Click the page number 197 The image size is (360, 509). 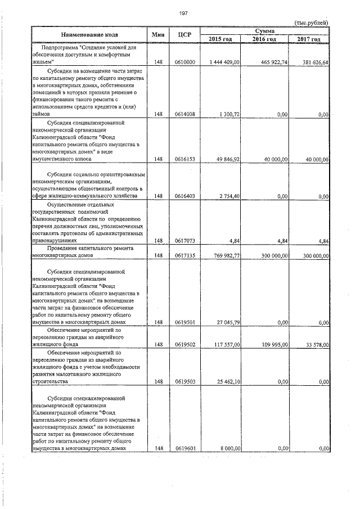(x=183, y=13)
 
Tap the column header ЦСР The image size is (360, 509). (x=184, y=35)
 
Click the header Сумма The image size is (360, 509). (x=264, y=30)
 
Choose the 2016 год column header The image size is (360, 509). (x=264, y=39)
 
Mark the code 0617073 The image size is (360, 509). (x=185, y=241)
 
